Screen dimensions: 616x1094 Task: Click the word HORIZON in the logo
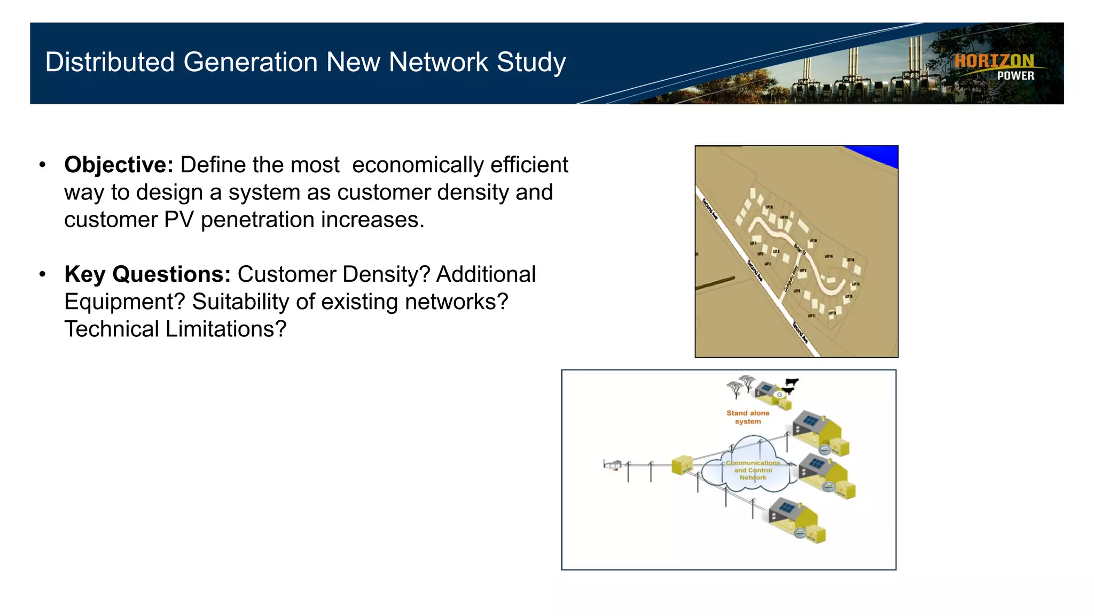994,61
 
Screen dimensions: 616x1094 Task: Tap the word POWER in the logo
1015,76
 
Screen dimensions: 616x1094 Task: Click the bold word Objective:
119,165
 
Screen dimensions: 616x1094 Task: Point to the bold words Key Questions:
147,274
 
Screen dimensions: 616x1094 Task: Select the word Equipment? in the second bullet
124,302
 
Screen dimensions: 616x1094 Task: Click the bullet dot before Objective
43,165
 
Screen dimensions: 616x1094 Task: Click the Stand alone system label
747,417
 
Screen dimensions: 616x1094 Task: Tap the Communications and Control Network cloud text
753,470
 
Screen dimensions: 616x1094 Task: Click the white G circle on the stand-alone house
779,395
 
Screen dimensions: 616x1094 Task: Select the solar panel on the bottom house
786,507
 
